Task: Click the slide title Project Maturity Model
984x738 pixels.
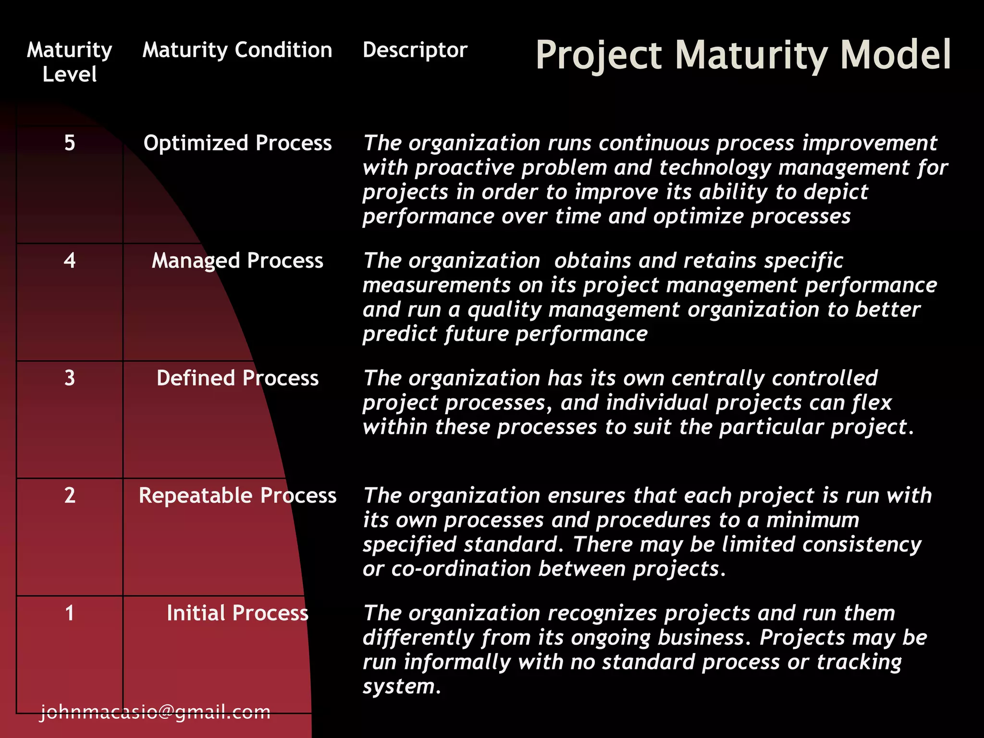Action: point(743,55)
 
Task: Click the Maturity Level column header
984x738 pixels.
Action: point(70,62)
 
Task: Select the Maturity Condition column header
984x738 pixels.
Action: point(237,50)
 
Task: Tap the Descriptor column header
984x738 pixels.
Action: point(415,50)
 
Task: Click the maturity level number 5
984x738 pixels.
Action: point(70,143)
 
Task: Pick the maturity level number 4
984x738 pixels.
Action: point(70,260)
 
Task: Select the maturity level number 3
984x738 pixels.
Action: point(70,378)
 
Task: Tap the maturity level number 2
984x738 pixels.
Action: point(70,495)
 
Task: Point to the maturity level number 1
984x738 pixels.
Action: point(70,613)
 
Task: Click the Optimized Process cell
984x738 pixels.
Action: point(237,143)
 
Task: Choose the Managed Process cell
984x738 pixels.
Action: point(237,260)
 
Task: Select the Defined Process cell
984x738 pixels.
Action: point(237,378)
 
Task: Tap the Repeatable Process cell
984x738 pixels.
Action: point(237,495)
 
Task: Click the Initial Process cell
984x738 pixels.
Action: point(237,613)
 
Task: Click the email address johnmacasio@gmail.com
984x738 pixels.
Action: point(155,712)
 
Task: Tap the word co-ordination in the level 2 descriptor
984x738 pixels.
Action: point(461,569)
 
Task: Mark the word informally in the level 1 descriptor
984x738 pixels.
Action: point(457,662)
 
